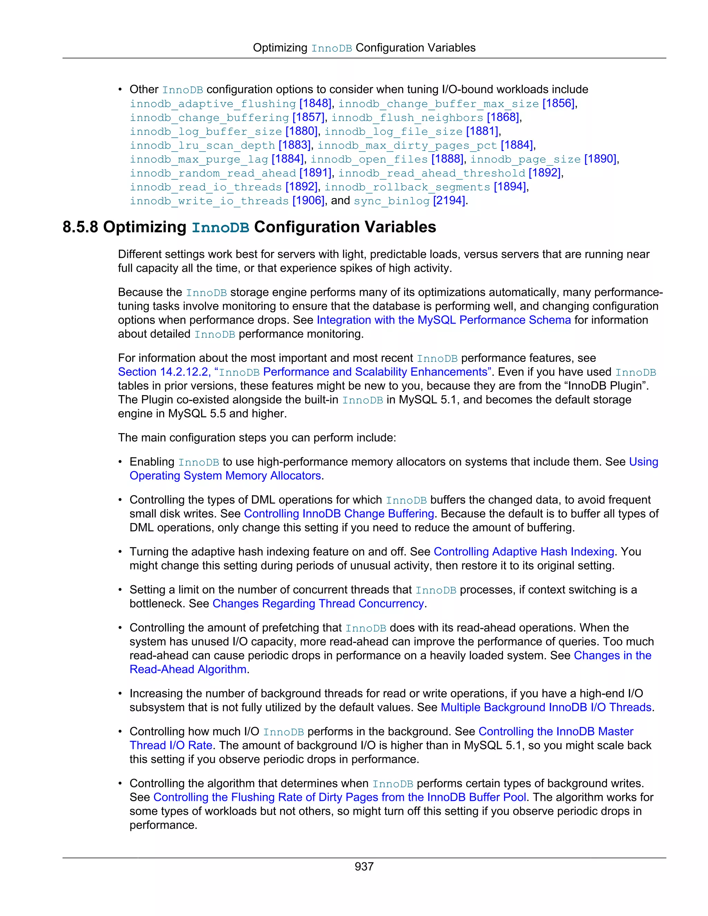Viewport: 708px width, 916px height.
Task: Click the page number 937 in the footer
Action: pyautogui.click(x=364, y=866)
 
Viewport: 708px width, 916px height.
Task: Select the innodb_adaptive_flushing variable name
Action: pyautogui.click(x=213, y=104)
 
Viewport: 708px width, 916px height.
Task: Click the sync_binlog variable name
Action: pyautogui.click(x=391, y=201)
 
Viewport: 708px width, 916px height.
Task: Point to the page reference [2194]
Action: pyautogui.click(x=449, y=200)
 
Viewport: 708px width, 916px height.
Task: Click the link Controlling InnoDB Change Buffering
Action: pyautogui.click(x=339, y=514)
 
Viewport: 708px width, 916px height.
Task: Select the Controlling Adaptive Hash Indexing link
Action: pyautogui.click(x=524, y=552)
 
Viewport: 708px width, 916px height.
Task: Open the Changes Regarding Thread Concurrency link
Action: pyautogui.click(x=318, y=604)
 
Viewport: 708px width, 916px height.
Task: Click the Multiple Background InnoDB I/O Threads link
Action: pyautogui.click(x=546, y=708)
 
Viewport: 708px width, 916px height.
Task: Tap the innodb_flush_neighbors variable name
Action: pyautogui.click(x=407, y=118)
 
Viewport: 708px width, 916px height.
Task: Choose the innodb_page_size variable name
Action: pyautogui.click(x=525, y=159)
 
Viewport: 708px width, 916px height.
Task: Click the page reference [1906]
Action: pyautogui.click(x=308, y=200)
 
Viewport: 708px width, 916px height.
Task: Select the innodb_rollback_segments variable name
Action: pyautogui.click(x=407, y=187)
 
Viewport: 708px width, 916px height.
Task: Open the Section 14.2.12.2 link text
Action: pyautogui.click(x=164, y=372)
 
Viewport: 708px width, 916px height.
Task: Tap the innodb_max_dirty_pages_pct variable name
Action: pyautogui.click(x=407, y=146)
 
